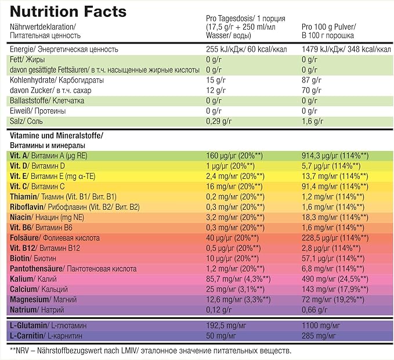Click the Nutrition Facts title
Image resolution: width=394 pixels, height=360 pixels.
[68, 11]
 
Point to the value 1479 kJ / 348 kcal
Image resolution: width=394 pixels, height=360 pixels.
[342, 49]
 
